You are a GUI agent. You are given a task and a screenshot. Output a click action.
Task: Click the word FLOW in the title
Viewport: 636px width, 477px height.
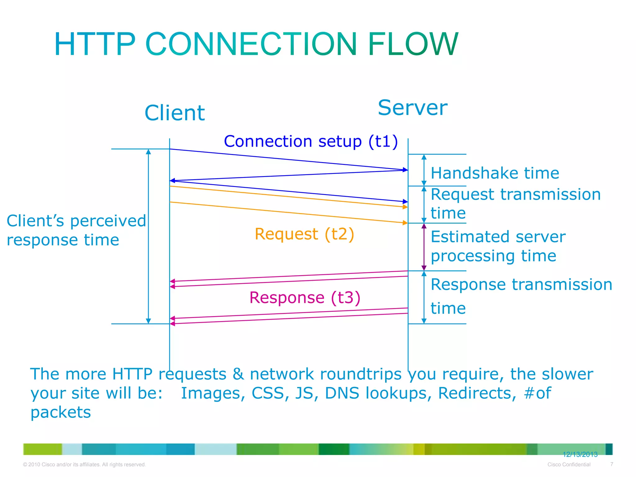(413, 44)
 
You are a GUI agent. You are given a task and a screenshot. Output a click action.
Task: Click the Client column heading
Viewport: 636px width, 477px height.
(175, 113)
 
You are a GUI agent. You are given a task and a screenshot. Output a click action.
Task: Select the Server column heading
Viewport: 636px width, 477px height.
(412, 108)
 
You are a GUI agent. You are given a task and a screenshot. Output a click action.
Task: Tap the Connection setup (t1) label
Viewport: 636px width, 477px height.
(311, 142)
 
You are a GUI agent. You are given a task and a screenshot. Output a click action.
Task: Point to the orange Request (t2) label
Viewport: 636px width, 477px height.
(304, 234)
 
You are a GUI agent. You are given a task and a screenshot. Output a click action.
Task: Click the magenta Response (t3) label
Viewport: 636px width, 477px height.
(305, 298)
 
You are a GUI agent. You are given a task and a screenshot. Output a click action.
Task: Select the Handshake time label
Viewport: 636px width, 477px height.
(495, 173)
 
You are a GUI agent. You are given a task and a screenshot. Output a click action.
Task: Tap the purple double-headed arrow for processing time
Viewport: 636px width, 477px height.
(424, 247)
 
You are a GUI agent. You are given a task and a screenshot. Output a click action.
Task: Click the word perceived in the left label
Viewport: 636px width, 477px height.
(108, 221)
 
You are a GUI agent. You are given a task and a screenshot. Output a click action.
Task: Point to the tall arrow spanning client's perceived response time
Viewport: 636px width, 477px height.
(148, 236)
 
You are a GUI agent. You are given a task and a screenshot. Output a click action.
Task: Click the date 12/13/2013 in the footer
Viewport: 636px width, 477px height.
(580, 455)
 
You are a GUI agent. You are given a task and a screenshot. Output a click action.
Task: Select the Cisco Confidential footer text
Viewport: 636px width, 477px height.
(569, 465)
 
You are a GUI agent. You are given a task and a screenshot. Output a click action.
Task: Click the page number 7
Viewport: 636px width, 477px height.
(611, 464)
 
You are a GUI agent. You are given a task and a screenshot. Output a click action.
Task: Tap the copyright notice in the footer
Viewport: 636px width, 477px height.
(84, 465)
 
